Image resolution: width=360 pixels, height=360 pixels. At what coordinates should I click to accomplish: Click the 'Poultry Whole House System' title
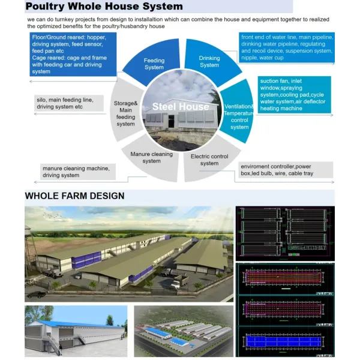pos(104,7)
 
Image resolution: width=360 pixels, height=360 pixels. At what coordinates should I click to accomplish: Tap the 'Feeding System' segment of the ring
pos(154,64)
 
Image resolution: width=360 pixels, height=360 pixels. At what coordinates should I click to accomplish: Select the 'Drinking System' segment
pos(209,62)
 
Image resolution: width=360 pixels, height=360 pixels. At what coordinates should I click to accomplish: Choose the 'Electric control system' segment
pos(209,160)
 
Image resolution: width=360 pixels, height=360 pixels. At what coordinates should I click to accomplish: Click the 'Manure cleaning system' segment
pos(152,157)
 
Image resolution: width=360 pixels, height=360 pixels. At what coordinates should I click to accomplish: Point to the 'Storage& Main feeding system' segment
pos(126,113)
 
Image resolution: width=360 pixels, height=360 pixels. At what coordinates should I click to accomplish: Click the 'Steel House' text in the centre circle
pos(181,107)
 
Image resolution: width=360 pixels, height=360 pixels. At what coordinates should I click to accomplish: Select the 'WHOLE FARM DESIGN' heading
pos(74,196)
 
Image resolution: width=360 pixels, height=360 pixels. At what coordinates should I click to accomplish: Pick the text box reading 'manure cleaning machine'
pos(76,172)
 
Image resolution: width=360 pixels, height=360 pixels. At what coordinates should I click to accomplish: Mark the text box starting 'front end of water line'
pos(286,47)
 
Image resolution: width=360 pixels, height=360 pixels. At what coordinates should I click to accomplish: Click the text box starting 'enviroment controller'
pos(286,169)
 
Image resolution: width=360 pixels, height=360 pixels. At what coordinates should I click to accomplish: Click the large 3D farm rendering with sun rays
pos(129,253)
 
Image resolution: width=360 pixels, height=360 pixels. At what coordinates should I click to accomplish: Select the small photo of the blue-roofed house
pos(76,331)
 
